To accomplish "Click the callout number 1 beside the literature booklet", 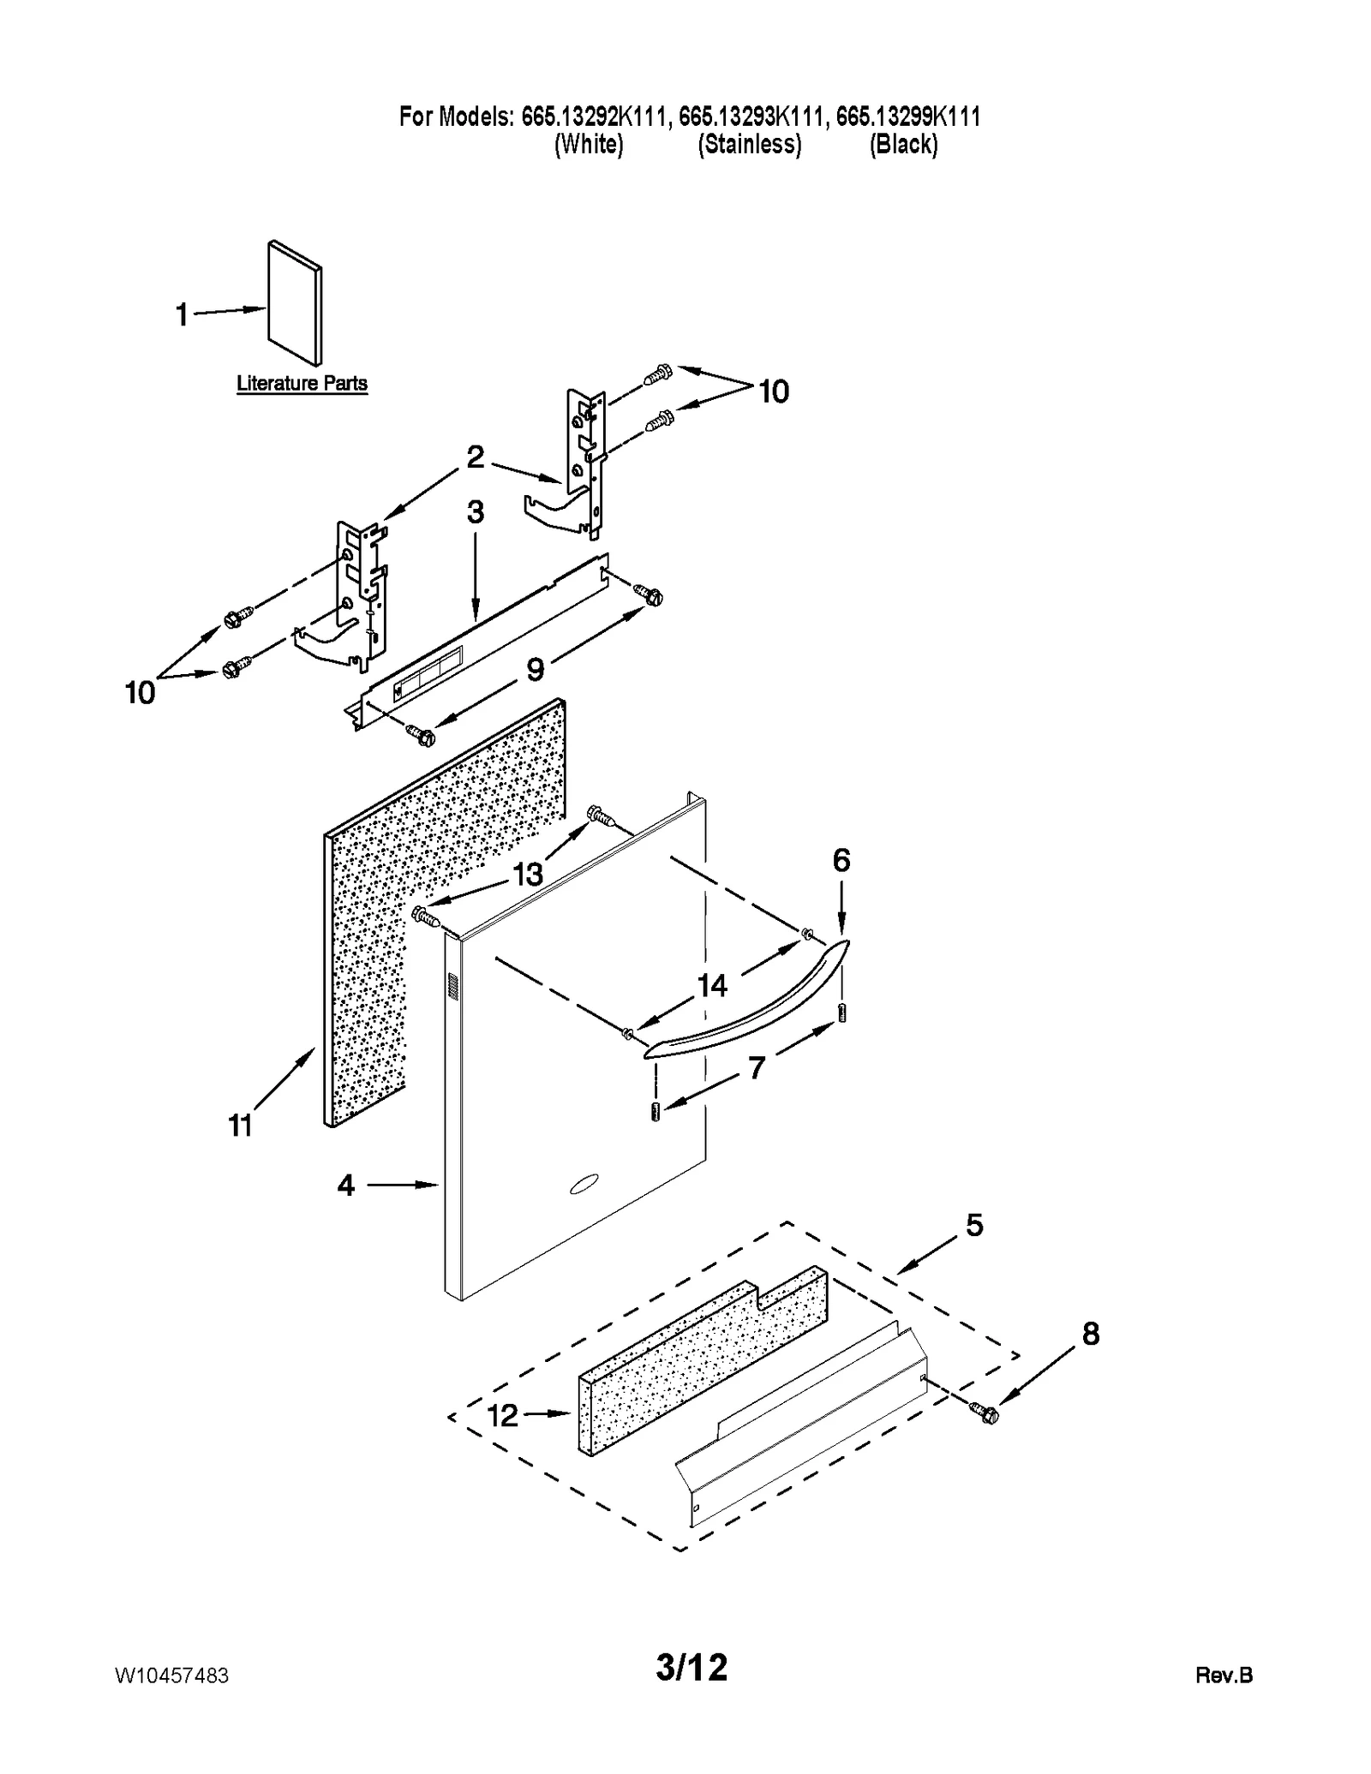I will click(x=181, y=315).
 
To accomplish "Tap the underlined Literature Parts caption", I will click(x=302, y=383).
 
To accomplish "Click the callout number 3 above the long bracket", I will click(x=476, y=512).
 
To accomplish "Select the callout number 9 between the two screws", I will click(x=535, y=669).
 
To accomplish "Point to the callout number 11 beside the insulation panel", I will click(x=240, y=1126).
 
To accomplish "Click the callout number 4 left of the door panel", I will click(x=345, y=1186).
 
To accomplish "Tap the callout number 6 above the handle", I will click(x=841, y=860).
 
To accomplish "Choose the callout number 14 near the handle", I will click(x=712, y=986).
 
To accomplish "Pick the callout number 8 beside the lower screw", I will click(x=1090, y=1334).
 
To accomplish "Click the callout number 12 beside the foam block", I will click(x=502, y=1415).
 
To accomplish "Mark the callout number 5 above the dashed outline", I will click(x=974, y=1225).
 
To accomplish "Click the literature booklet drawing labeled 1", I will click(x=296, y=302).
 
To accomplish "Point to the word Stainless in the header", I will click(x=749, y=144).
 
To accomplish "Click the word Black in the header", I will click(x=903, y=144).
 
